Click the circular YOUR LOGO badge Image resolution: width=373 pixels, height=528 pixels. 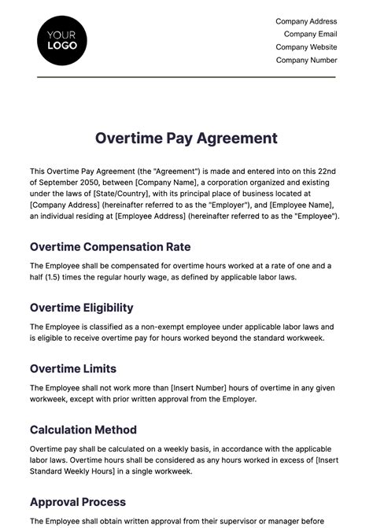(62, 39)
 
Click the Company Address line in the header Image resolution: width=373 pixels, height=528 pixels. (306, 21)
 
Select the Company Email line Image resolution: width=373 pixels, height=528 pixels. (310, 34)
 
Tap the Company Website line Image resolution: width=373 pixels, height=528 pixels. (306, 47)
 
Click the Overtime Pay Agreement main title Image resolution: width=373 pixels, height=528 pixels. (186, 138)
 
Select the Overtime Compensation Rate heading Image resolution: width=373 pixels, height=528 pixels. (110, 246)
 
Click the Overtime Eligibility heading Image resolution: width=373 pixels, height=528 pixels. (82, 308)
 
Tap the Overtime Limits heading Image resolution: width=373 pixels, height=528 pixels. (72, 368)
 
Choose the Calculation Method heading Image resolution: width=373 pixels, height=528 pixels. (83, 430)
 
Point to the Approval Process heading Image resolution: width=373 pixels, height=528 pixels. (78, 501)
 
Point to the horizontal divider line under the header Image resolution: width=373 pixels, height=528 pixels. (186, 76)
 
